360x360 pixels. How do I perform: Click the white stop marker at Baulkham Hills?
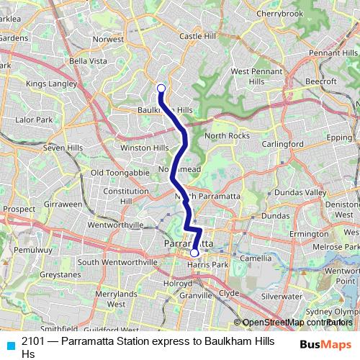(161, 89)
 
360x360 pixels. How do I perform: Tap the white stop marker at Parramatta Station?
(194, 253)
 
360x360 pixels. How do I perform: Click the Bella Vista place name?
(87, 60)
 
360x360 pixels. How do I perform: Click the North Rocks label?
(227, 136)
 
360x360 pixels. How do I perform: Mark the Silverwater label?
(282, 296)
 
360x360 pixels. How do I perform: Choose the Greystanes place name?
(60, 274)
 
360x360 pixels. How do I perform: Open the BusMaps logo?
(325, 344)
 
